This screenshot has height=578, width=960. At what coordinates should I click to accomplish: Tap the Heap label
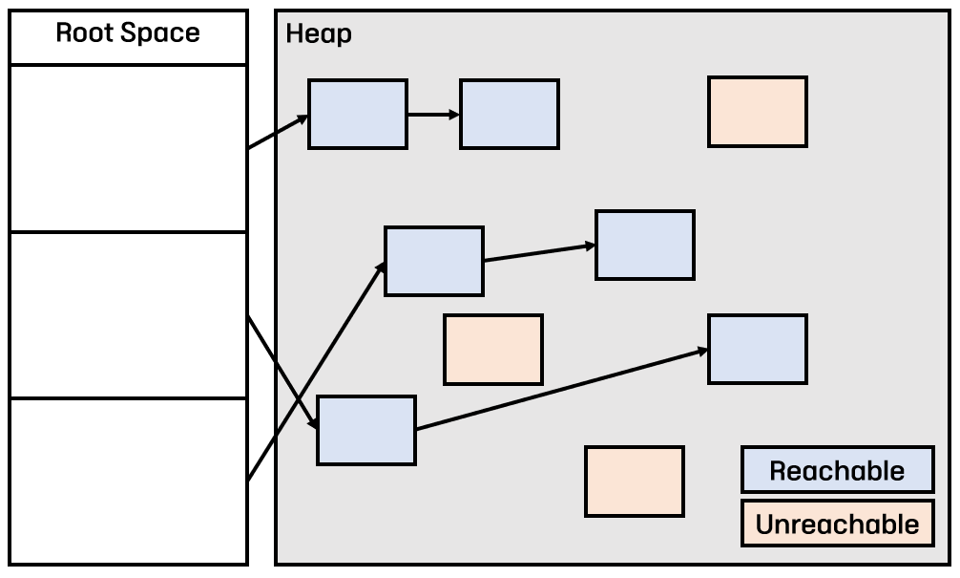(x=319, y=34)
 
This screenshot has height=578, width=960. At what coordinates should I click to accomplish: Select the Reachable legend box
(x=837, y=470)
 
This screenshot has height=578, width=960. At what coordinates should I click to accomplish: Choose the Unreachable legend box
(x=837, y=524)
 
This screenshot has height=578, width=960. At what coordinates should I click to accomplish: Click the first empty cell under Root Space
(x=129, y=147)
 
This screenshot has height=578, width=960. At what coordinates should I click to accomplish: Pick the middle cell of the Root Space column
(x=129, y=314)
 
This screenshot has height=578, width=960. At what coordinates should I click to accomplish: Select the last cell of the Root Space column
(x=129, y=481)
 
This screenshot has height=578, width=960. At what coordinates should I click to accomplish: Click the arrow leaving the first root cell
(x=278, y=133)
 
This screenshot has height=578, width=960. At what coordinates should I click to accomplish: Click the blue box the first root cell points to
(x=358, y=115)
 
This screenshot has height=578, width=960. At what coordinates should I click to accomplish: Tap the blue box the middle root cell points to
(x=366, y=430)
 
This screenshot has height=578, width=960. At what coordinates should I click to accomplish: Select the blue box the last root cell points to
(x=434, y=261)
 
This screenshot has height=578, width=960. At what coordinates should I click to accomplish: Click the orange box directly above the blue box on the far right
(x=758, y=112)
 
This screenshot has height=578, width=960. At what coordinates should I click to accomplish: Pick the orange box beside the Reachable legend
(x=635, y=482)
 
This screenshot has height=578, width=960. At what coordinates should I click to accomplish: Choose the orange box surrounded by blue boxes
(x=493, y=349)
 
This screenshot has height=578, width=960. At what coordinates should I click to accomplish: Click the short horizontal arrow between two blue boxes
(x=433, y=115)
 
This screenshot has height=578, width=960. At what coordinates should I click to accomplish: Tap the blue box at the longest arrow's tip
(x=758, y=349)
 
